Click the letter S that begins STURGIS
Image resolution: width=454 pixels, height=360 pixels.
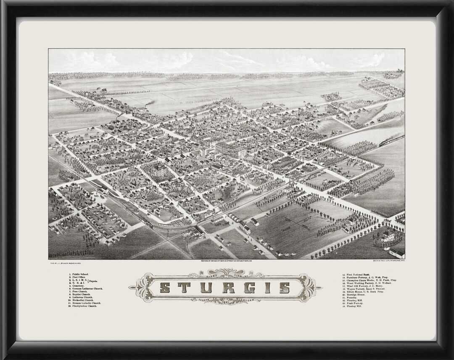pyautogui.click(x=165, y=288)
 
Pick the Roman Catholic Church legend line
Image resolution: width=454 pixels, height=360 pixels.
pyautogui.click(x=87, y=303)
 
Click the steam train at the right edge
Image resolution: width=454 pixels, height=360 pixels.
pyautogui.click(x=391, y=141)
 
